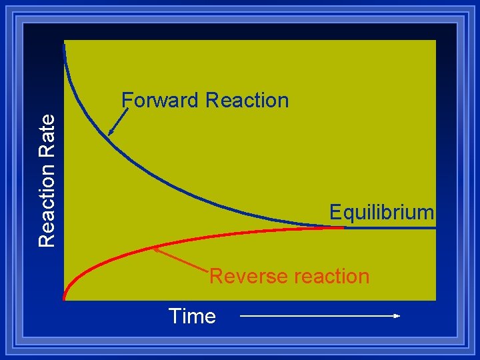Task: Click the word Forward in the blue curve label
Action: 161,101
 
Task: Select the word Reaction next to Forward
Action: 247,101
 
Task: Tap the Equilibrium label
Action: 382,213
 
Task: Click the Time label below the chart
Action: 192,316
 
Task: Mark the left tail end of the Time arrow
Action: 241,316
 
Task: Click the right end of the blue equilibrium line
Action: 434,227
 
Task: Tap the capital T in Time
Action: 175,316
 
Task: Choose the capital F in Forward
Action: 127,101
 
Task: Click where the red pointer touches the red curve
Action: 155,249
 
